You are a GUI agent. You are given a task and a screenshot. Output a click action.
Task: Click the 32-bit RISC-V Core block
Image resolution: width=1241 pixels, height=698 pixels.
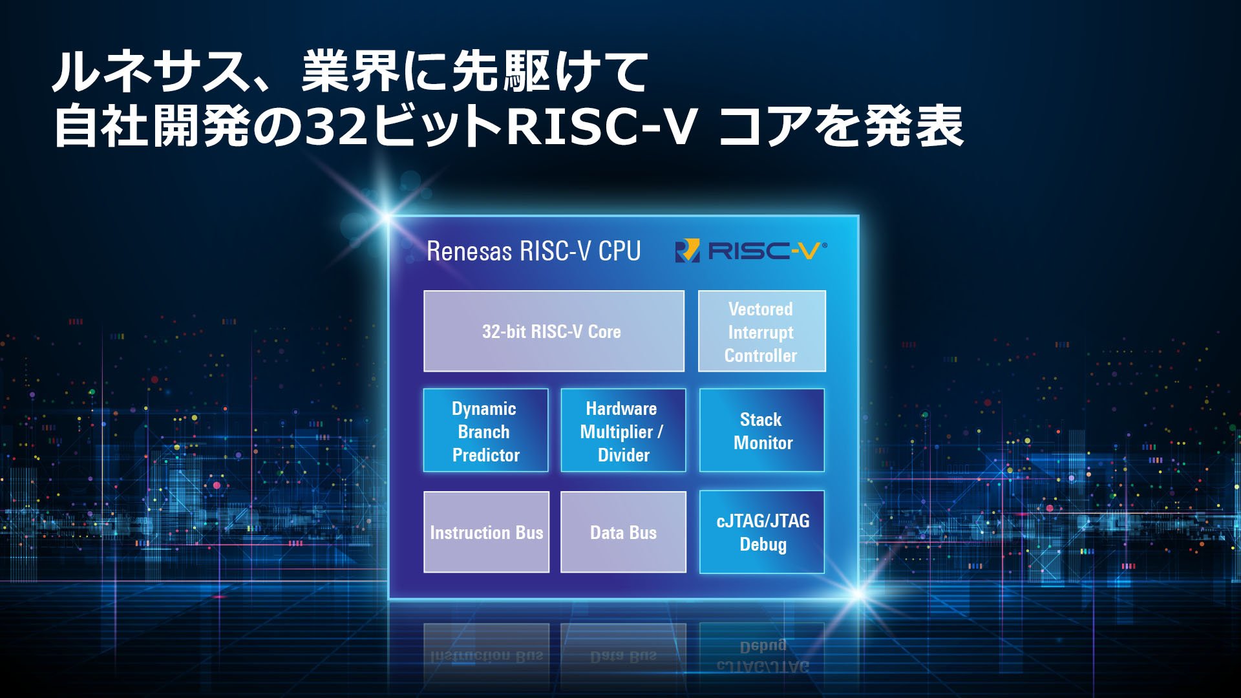553,331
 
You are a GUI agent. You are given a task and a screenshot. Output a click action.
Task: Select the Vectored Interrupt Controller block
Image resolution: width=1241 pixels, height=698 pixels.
761,331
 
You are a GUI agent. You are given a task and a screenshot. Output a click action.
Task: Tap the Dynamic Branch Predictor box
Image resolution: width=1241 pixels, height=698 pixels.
485,430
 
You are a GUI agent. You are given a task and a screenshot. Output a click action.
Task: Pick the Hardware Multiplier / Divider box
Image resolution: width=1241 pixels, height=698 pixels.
623,430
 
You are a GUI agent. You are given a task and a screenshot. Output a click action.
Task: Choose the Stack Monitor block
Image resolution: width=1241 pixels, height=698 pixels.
761,430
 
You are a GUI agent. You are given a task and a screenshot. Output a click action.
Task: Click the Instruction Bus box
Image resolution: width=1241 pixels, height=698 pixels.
486,532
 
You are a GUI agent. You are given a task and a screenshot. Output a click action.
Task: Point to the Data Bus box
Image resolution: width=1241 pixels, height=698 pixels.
623,532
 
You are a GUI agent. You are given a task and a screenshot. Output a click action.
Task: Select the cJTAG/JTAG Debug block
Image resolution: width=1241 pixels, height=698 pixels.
761,532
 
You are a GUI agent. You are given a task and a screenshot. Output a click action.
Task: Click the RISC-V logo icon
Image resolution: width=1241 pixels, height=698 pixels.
687,251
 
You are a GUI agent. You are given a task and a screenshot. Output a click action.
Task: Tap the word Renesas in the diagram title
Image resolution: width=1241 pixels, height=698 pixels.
469,251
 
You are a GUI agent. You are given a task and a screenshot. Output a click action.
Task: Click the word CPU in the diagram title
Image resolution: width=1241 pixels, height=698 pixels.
619,251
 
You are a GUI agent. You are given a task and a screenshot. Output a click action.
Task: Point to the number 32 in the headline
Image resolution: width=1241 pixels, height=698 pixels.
336,126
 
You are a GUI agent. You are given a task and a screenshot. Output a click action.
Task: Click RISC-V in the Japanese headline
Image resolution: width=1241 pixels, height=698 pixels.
601,126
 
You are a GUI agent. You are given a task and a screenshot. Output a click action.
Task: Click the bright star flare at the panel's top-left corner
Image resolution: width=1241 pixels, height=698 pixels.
387,216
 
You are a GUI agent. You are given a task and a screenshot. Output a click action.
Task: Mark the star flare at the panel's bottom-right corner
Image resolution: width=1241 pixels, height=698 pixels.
858,594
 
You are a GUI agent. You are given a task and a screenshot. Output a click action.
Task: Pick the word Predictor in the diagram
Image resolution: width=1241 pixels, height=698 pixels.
486,455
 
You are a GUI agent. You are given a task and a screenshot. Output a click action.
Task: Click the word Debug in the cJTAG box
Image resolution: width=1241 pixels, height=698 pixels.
763,544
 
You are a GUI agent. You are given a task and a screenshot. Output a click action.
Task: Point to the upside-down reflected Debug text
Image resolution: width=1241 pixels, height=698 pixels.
763,646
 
